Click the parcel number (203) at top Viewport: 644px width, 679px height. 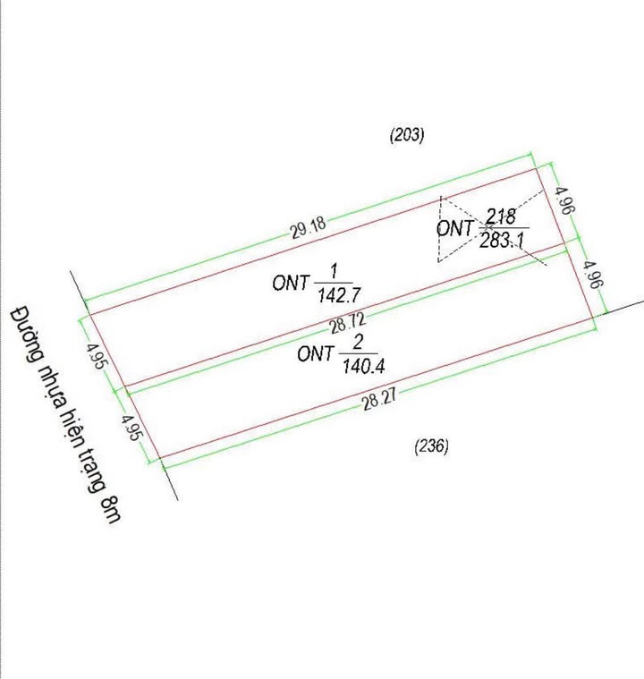tap(407, 135)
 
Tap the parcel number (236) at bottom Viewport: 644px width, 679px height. tap(431, 446)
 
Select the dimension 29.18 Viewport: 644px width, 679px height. tap(308, 228)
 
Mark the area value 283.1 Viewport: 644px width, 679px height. tap(502, 239)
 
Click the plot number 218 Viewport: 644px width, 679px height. tap(501, 216)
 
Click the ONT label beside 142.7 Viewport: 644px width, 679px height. tap(291, 283)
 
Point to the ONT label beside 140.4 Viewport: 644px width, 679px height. tap(315, 354)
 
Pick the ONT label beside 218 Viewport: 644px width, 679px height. tap(454, 228)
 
